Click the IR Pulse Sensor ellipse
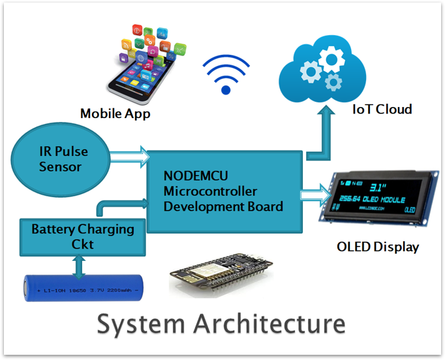59,158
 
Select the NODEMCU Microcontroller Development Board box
224,191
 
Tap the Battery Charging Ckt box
82,237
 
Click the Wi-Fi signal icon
226,74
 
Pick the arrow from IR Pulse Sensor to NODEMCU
129,157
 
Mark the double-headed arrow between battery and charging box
80,265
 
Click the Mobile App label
115,113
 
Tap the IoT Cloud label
382,110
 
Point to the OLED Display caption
378,247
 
